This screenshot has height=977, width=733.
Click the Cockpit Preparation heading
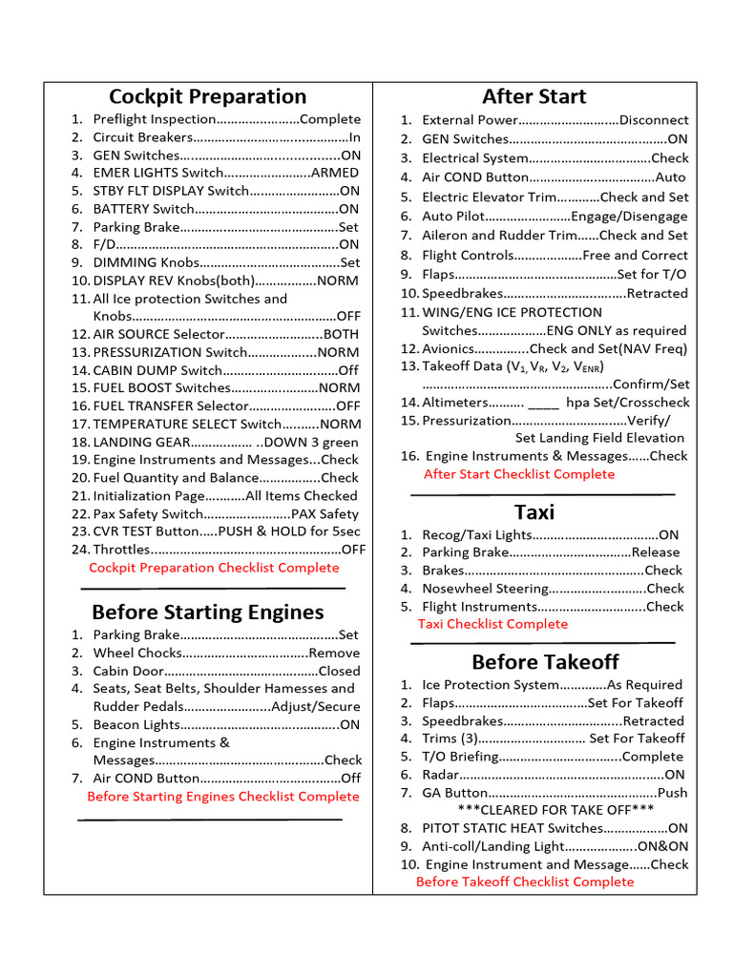[207, 96]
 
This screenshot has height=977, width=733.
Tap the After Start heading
[534, 96]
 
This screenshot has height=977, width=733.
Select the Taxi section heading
[534, 511]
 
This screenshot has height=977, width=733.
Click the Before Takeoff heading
[544, 661]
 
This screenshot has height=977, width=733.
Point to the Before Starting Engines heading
[207, 612]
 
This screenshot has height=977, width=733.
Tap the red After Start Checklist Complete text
[519, 474]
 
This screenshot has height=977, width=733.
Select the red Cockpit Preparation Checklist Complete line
[214, 568]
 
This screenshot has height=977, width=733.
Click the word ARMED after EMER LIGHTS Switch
[335, 173]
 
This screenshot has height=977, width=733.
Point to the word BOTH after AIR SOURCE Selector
[341, 334]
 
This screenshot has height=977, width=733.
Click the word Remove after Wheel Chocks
[334, 653]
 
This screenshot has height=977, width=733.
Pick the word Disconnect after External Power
[654, 120]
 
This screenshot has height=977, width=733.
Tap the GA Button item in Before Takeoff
[455, 793]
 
